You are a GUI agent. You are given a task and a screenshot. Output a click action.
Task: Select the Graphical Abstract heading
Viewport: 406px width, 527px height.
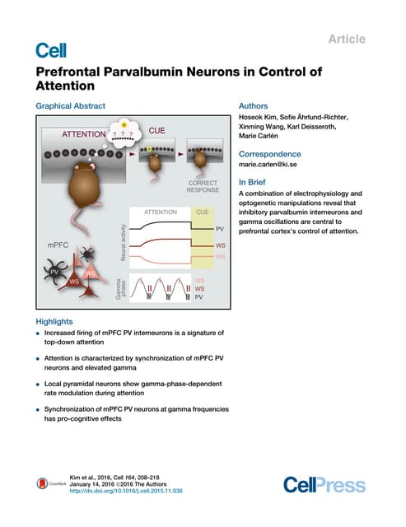(68, 106)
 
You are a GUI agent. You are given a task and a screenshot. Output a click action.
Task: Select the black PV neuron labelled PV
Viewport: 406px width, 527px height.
(54, 271)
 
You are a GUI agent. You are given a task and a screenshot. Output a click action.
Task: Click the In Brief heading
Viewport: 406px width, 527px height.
(254, 182)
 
